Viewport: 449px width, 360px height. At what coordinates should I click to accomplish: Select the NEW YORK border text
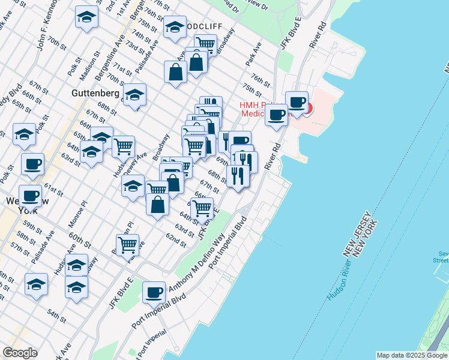coord(366,238)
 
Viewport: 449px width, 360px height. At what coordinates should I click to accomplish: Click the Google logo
coord(20,353)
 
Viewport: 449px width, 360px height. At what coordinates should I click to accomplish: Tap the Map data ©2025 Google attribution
coord(412,355)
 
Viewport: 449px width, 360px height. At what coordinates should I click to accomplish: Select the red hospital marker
coord(307,108)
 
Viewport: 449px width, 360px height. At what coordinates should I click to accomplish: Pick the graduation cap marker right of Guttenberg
coord(135,95)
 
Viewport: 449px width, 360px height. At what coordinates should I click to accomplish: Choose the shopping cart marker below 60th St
coord(128,245)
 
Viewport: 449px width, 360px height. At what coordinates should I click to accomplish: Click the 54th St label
coord(56,314)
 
